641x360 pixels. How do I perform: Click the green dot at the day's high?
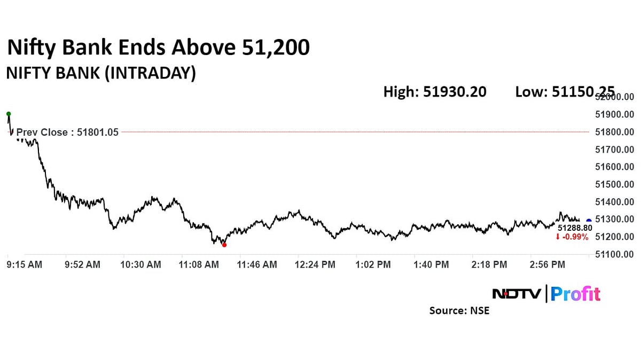[x=9, y=114]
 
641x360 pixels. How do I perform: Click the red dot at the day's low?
[x=224, y=245]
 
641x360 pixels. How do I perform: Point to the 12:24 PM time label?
[x=315, y=264]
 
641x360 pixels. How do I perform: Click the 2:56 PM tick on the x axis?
[x=546, y=264]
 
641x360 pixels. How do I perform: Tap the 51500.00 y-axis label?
[x=615, y=184]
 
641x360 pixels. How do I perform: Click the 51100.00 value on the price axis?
[x=615, y=254]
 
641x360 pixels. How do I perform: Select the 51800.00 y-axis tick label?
[x=615, y=132]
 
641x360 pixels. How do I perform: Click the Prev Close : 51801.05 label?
[x=67, y=132]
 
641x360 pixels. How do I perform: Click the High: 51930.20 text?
[x=435, y=92]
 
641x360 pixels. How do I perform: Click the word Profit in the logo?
[x=575, y=294]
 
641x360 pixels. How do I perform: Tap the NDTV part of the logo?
[x=515, y=294]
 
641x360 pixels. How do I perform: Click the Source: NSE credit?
[x=459, y=310]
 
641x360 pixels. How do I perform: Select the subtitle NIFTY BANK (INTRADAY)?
[x=100, y=73]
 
